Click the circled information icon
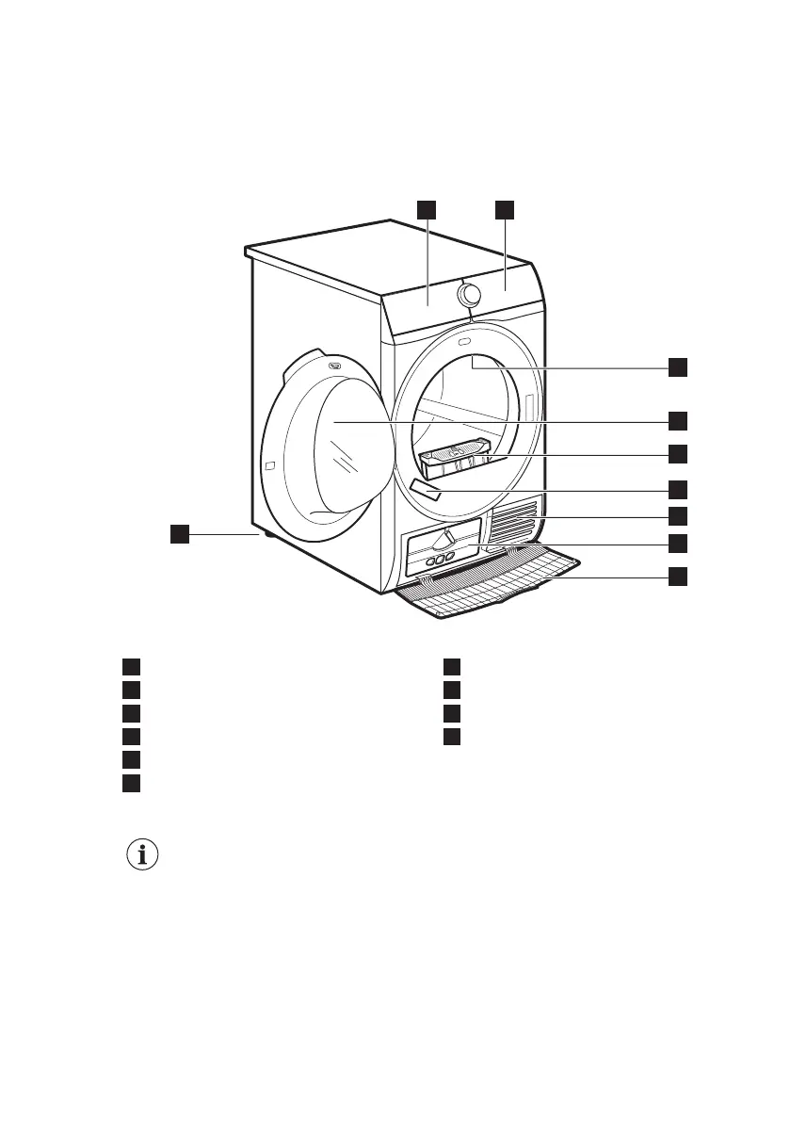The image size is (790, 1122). pyautogui.click(x=143, y=855)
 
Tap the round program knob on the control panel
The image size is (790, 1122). pyautogui.click(x=468, y=295)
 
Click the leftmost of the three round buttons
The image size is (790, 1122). pyautogui.click(x=429, y=561)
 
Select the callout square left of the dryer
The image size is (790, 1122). pyautogui.click(x=179, y=535)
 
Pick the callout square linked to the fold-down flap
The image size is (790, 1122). pyautogui.click(x=678, y=577)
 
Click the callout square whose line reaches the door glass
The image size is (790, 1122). pyautogui.click(x=678, y=419)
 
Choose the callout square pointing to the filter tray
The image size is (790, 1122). pyautogui.click(x=678, y=454)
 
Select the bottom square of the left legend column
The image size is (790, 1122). pyautogui.click(x=130, y=784)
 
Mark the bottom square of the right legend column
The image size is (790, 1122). pyautogui.click(x=453, y=737)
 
